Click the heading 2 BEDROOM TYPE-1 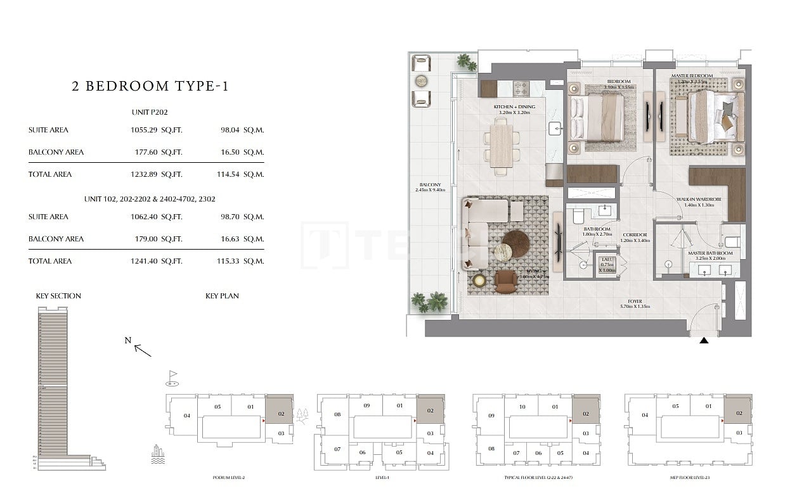[x=150, y=86]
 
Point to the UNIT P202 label [x=150, y=112]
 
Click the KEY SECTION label [x=58, y=296]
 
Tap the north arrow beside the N [x=143, y=350]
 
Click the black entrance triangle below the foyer [x=704, y=341]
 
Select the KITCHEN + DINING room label [x=514, y=107]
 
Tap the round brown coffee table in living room [x=515, y=243]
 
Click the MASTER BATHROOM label [x=710, y=253]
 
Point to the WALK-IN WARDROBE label [x=699, y=200]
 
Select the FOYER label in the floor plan [x=635, y=302]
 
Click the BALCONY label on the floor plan [x=430, y=185]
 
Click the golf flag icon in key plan [x=172, y=378]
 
